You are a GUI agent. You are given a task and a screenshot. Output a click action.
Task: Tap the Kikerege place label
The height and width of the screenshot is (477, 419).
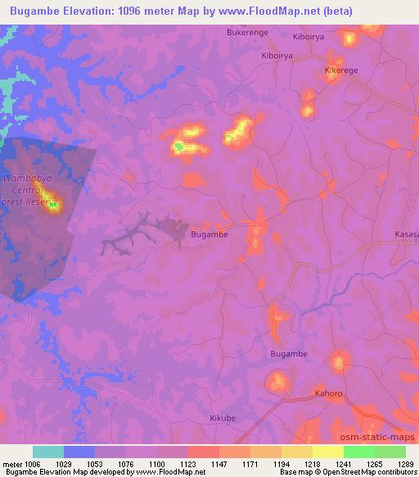(x=341, y=70)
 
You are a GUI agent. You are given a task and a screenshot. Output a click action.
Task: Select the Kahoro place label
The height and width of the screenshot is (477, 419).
(x=329, y=393)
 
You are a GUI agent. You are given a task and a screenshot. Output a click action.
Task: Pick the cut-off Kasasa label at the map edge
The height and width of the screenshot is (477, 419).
(x=407, y=234)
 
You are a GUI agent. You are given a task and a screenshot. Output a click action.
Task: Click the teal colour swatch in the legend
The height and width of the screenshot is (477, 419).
(x=48, y=452)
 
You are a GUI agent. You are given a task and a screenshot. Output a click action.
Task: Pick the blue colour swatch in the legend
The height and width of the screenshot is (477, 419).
(x=79, y=452)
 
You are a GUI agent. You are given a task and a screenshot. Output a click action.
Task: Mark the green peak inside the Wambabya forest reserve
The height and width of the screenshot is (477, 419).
(x=53, y=206)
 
